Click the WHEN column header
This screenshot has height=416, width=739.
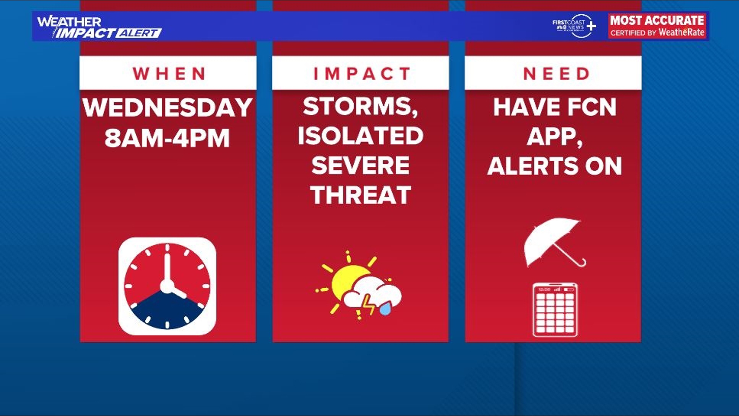click(x=169, y=74)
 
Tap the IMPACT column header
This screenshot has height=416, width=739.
click(x=361, y=74)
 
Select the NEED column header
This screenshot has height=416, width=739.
click(x=556, y=74)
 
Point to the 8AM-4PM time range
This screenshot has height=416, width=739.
click(x=167, y=138)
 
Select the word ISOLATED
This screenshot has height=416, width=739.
click(x=361, y=136)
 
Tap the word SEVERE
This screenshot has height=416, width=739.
click(x=361, y=165)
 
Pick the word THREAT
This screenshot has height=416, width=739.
click(x=361, y=195)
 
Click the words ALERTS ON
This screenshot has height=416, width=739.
click(x=555, y=166)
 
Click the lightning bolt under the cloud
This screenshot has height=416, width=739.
click(x=368, y=305)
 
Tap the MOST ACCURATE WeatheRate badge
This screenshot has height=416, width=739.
click(x=657, y=26)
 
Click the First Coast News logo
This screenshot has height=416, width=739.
click(x=574, y=26)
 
